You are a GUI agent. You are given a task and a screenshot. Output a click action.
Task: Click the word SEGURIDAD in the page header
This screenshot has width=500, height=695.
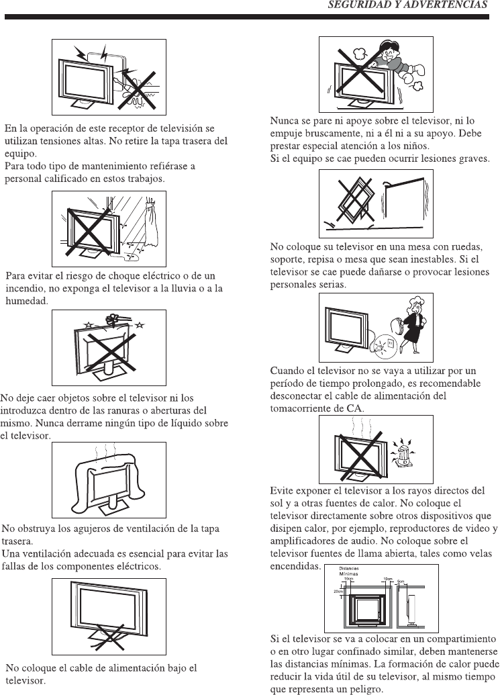click(x=356, y=6)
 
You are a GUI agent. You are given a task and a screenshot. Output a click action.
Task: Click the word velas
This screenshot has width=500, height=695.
click(x=478, y=553)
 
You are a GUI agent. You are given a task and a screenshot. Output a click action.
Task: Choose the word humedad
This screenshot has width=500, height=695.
click(x=26, y=302)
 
